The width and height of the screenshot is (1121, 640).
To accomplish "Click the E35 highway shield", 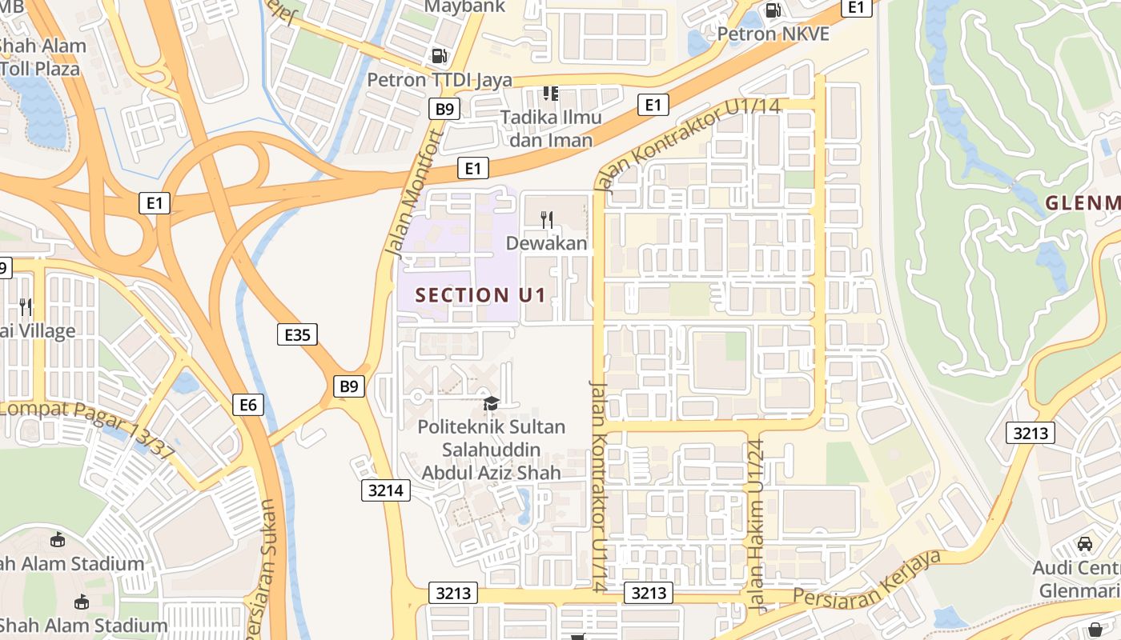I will click(297, 334).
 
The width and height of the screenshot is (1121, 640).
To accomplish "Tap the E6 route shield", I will click(248, 405).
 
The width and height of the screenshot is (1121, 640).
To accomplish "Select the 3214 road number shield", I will click(386, 490).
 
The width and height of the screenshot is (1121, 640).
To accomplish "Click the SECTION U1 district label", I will click(480, 295).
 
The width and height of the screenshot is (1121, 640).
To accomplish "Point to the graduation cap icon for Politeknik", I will click(491, 403).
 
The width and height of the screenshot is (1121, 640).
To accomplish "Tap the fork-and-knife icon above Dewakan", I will click(548, 219).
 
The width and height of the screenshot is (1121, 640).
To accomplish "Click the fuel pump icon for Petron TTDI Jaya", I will click(439, 56).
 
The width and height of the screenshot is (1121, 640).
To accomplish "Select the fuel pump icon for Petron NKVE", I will click(773, 10).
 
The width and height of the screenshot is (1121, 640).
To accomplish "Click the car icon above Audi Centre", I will click(1085, 544).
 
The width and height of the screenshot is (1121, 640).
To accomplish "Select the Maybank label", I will click(464, 7).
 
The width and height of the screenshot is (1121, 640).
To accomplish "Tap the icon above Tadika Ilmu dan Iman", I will click(550, 94).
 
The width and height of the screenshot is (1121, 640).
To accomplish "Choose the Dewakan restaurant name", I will click(547, 243).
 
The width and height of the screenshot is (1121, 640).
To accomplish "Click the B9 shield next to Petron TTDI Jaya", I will click(444, 109).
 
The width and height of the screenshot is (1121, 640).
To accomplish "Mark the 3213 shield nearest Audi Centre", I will click(1031, 434).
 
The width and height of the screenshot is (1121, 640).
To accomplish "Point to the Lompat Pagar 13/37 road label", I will click(88, 428).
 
